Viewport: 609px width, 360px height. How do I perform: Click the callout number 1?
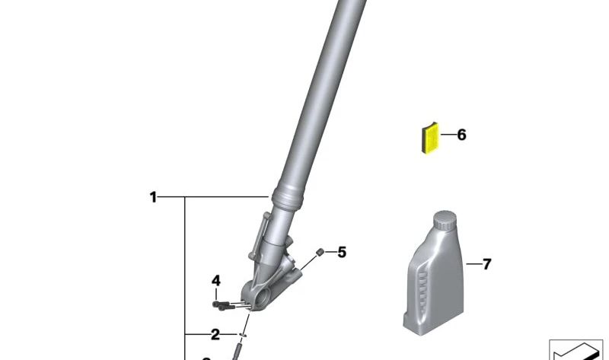click(x=153, y=198)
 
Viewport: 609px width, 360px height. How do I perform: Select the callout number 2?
click(x=215, y=334)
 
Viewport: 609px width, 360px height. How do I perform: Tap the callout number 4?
click(x=216, y=281)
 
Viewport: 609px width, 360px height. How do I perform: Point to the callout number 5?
click(x=342, y=252)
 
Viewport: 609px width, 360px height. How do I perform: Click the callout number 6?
click(x=461, y=135)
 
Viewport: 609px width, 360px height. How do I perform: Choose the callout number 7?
click(x=486, y=264)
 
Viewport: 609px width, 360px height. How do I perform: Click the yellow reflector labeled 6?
click(x=432, y=139)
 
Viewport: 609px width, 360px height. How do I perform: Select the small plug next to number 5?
click(x=321, y=252)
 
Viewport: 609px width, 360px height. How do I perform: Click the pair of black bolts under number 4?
click(x=222, y=305)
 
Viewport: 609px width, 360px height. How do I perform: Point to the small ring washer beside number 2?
click(x=243, y=334)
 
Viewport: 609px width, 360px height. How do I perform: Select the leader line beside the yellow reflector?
click(x=448, y=135)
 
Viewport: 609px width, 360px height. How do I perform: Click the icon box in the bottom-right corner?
click(x=576, y=349)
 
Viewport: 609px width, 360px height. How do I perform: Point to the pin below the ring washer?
click(x=238, y=352)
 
